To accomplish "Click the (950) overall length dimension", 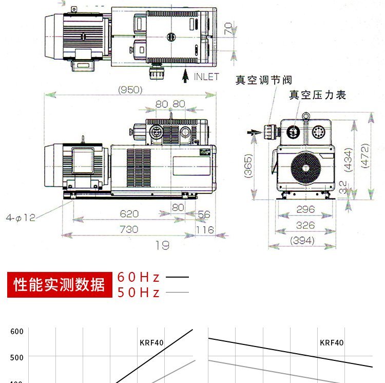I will coord(130,90).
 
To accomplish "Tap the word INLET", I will coord(206,77).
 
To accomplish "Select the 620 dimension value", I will coord(129,214).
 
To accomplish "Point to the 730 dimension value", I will coord(129,229).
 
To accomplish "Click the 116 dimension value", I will coord(205,230).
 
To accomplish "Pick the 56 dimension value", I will coord(204,214).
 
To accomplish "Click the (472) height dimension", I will coord(364,155).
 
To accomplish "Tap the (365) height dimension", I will coord(249,166).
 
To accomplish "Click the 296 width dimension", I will coord(305,210).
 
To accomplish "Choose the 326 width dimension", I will coord(305,225).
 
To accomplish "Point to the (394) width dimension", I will coord(303,240).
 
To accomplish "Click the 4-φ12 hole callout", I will coord(21,217).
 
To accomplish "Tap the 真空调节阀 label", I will coord(264,80).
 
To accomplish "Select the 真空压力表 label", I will coord(318,95).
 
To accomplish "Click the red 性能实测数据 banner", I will coord(59,284).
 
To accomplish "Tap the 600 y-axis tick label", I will coord(17,332).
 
